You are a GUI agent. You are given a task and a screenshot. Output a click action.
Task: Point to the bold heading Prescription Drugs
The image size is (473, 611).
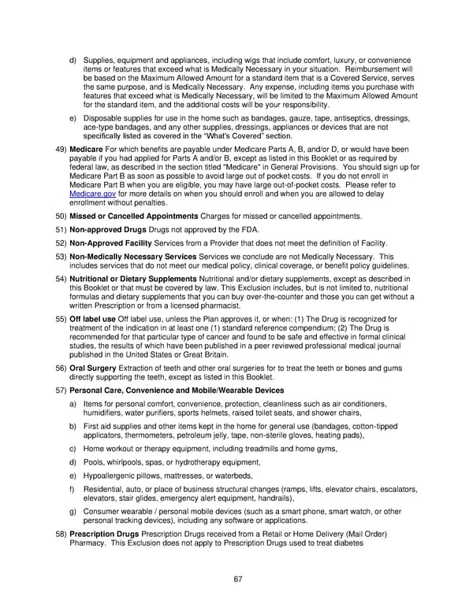pos(106,534)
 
